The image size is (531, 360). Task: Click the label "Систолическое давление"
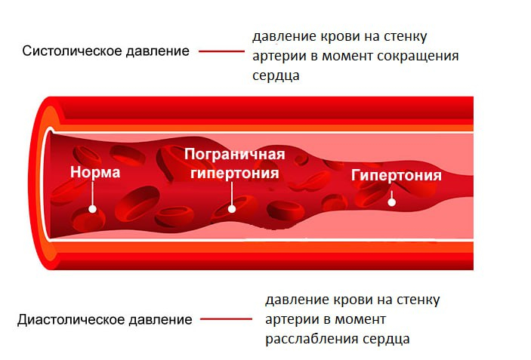coord(106,51)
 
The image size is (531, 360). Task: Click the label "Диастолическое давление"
coord(104,319)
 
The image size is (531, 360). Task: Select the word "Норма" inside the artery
coord(95,172)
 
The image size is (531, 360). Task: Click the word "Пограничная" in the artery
coord(235,155)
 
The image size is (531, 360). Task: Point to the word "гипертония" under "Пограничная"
coord(235,173)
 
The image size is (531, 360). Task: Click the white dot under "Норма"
coord(93,210)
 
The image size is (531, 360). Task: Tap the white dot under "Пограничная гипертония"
coord(233,209)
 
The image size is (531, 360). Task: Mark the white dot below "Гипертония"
coord(391,202)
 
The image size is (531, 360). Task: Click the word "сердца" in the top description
coord(276,76)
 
